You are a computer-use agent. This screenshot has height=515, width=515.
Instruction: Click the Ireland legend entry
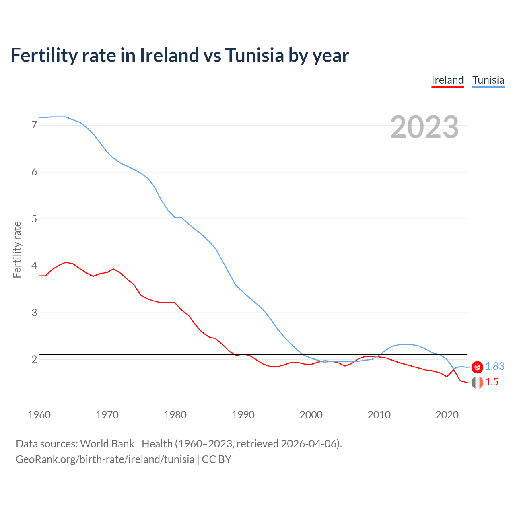coord(447,80)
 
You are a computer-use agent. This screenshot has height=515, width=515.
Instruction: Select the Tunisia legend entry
coord(488,80)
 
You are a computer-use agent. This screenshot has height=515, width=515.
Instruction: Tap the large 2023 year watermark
coord(424,127)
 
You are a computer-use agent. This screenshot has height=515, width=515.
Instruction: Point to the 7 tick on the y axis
coord(34,125)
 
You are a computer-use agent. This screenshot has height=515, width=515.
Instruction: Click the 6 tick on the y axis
coord(34,172)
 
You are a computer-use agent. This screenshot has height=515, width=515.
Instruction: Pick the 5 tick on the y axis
coord(34,219)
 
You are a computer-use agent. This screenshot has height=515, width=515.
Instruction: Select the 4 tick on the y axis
coord(34,266)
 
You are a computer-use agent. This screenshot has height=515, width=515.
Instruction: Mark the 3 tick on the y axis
coord(34,313)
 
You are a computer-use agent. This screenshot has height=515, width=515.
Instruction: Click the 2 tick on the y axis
coord(34,359)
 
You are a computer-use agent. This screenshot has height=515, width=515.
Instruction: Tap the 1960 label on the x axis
coord(39,415)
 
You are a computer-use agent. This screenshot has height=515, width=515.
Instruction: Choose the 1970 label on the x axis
coord(107,415)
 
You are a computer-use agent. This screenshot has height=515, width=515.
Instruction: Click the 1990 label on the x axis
coord(243,415)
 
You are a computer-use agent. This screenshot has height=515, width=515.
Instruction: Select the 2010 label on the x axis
coord(379,415)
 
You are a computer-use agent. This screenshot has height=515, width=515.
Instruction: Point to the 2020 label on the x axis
coord(447,415)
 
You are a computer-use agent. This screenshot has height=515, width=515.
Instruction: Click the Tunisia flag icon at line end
coord(477,367)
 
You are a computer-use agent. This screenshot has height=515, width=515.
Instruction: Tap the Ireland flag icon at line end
coord(477,383)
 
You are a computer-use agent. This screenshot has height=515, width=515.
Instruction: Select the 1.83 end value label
coord(494,367)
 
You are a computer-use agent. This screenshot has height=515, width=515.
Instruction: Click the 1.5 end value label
coord(492,382)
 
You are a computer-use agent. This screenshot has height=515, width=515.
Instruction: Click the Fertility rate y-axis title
coord(17,249)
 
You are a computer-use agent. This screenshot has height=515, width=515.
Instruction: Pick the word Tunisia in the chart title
coord(254,55)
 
